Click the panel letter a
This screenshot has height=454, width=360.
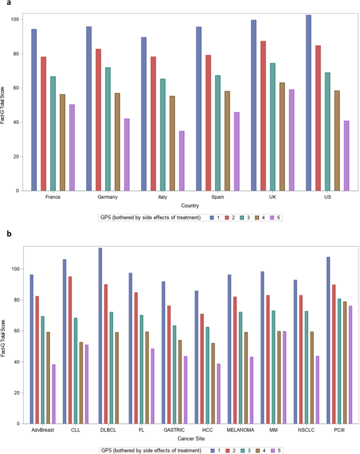click(4, 4)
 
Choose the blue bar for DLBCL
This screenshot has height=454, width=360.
click(100, 336)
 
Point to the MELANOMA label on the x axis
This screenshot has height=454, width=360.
click(241, 430)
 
